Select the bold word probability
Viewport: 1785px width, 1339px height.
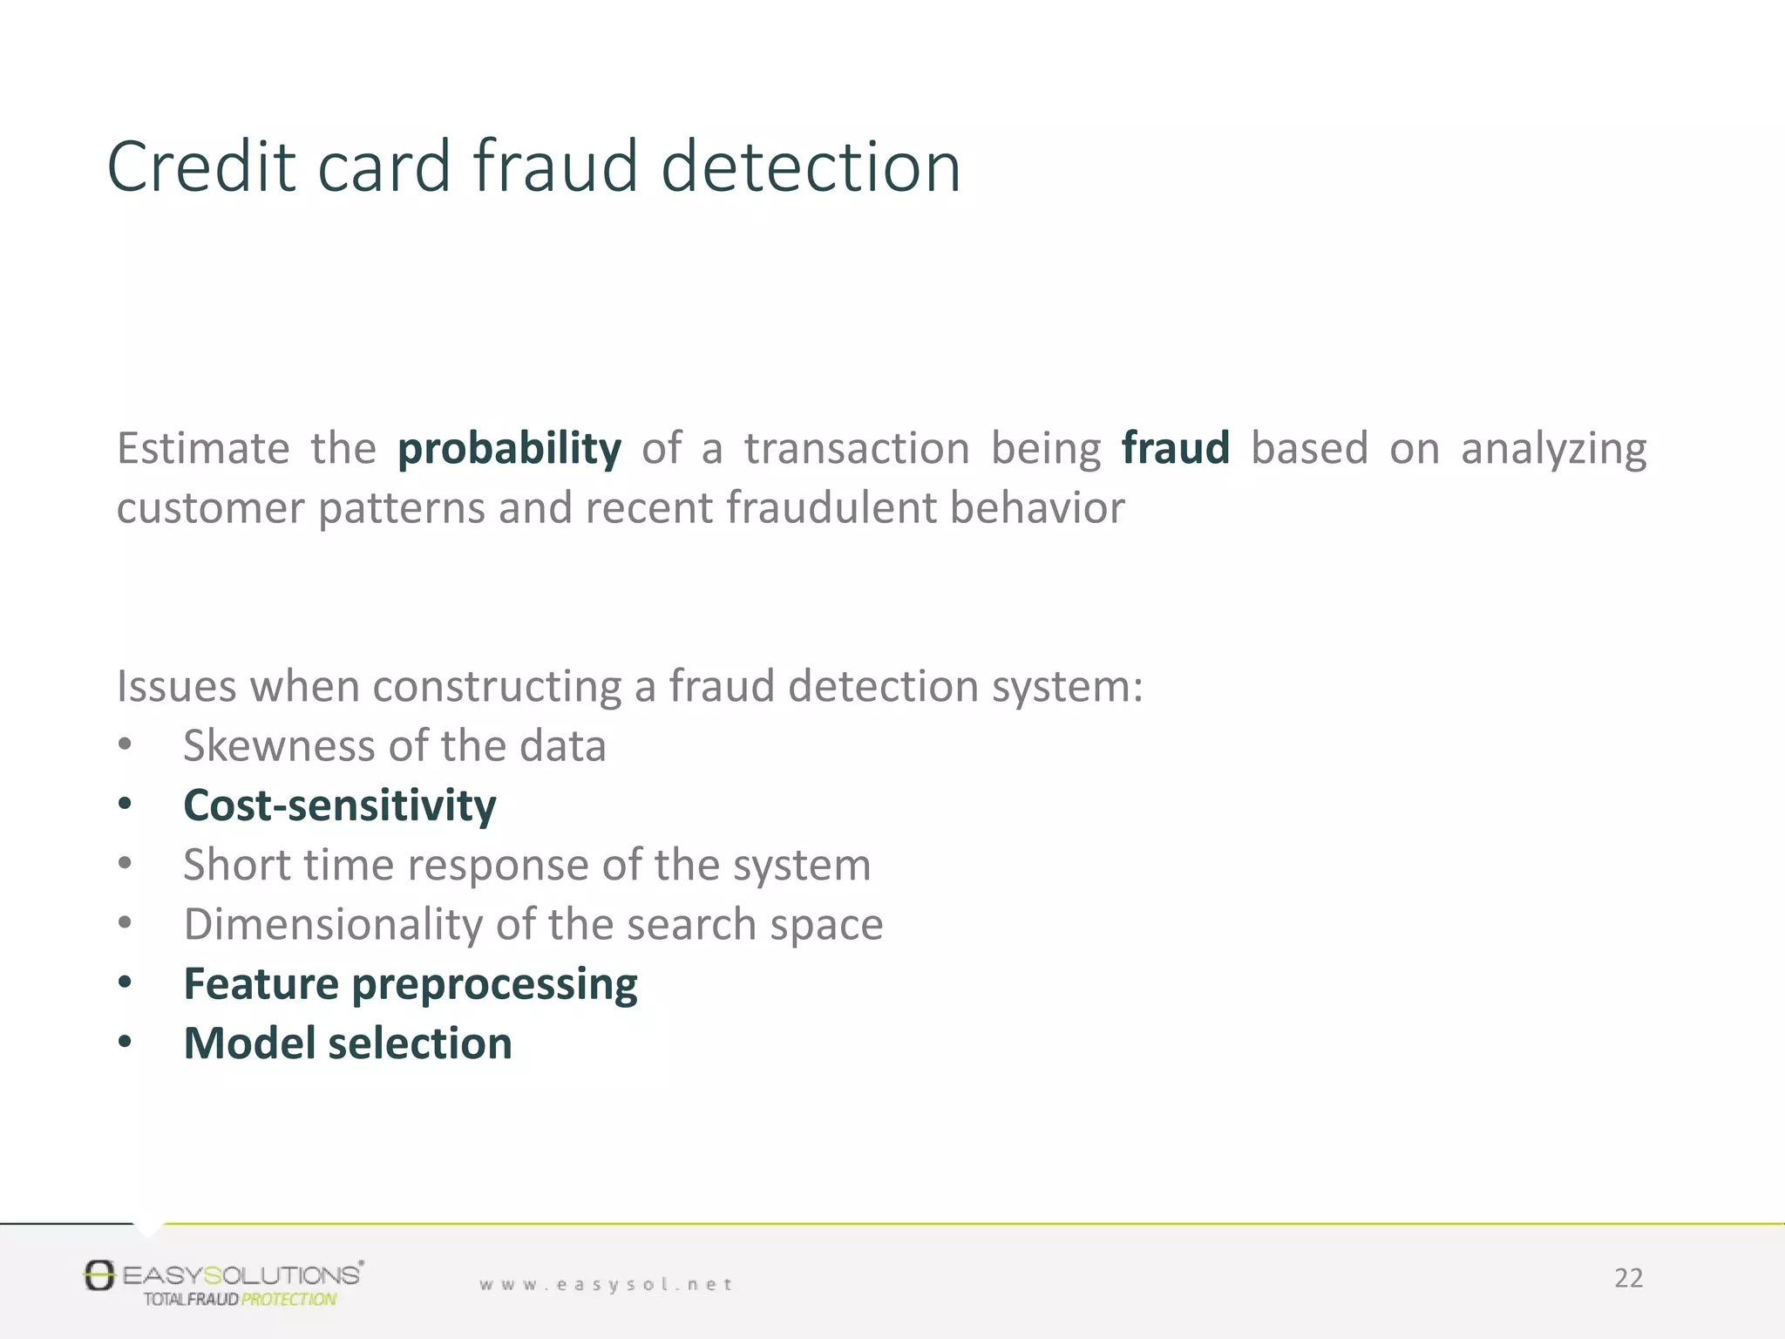point(509,449)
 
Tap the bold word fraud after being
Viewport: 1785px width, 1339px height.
point(1175,448)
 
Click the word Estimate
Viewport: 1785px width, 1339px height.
point(203,449)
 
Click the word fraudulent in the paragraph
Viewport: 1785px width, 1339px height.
point(831,507)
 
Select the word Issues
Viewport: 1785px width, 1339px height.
point(176,686)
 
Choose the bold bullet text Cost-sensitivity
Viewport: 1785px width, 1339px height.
point(339,805)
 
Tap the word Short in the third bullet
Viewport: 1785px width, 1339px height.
point(235,865)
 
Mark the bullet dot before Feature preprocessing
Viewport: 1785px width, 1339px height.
point(126,983)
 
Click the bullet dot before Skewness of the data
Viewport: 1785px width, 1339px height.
point(126,745)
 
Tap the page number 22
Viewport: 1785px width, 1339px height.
point(1627,1278)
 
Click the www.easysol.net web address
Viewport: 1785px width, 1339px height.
point(606,1284)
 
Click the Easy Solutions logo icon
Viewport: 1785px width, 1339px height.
point(99,1275)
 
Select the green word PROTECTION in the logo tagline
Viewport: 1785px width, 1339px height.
point(288,1300)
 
